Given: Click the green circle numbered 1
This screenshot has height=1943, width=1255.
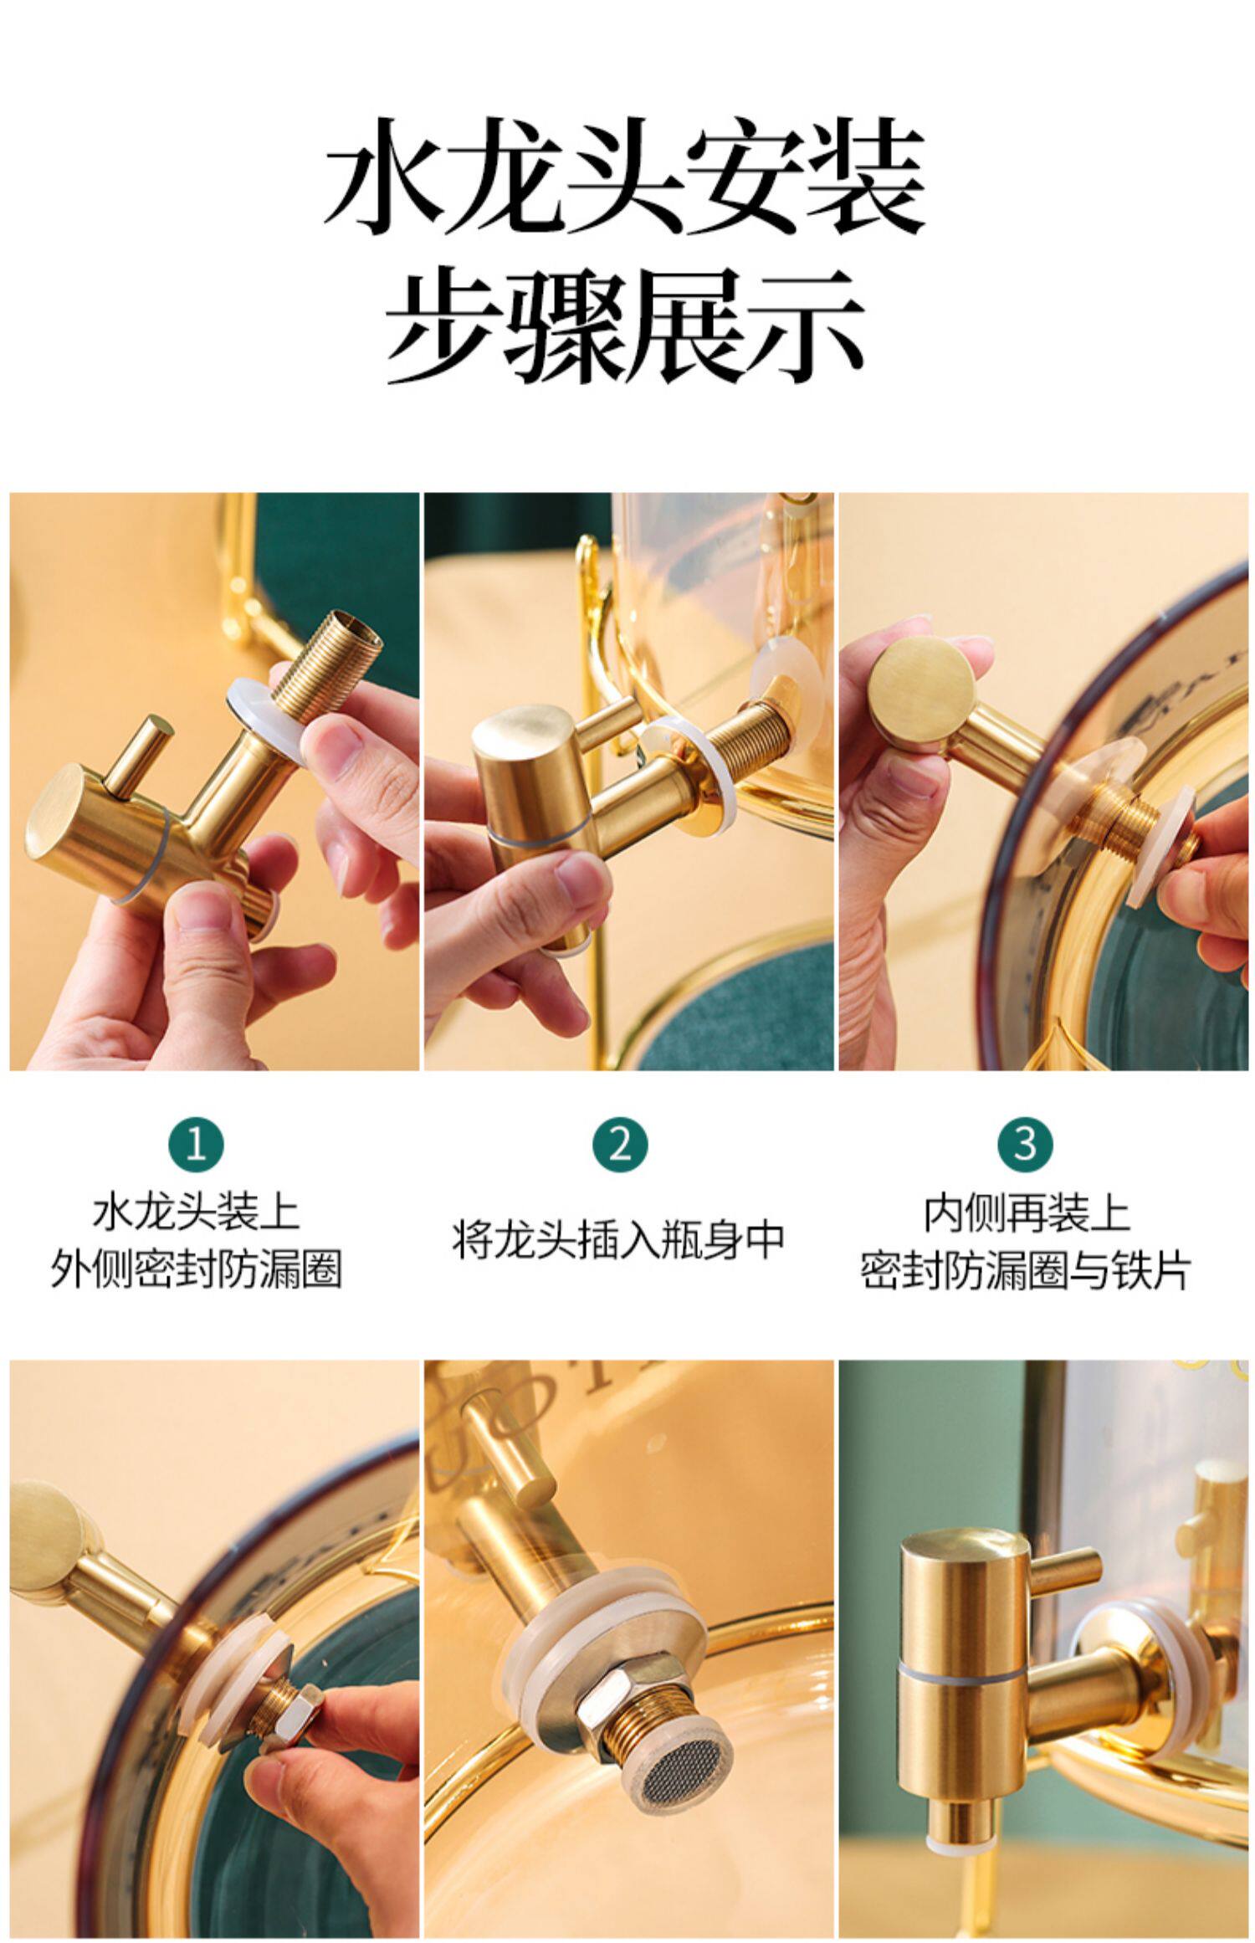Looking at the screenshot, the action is [196, 1143].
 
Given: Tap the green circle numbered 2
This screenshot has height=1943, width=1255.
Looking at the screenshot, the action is [620, 1143].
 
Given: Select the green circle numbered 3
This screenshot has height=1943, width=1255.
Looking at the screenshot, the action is [1026, 1143].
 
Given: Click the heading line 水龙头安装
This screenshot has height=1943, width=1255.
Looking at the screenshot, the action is [625, 178].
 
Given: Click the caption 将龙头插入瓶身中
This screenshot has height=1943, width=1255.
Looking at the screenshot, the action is [619, 1239].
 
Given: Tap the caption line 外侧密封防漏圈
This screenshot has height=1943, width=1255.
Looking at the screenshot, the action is [196, 1270].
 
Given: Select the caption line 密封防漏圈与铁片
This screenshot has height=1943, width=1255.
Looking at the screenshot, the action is [1026, 1270].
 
